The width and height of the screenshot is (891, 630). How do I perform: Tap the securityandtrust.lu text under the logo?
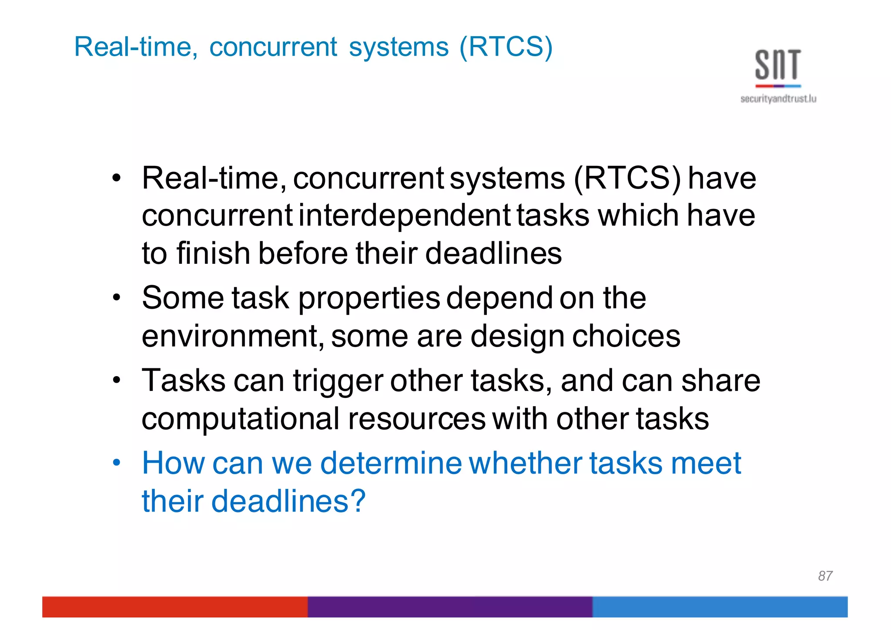click(778, 99)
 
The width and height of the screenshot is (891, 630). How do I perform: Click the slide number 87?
click(825, 576)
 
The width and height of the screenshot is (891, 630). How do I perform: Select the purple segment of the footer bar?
click(450, 606)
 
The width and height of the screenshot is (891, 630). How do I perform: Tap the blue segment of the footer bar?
click(720, 606)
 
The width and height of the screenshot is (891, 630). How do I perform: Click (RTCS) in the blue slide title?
click(506, 47)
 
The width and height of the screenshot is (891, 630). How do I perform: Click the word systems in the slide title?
click(399, 47)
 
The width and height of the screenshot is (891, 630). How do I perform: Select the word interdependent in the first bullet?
click(405, 216)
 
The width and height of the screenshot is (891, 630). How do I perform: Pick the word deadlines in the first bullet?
click(493, 253)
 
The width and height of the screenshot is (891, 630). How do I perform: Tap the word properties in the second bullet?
click(369, 299)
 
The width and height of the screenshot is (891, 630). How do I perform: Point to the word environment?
click(232, 337)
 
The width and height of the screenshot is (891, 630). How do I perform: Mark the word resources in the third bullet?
click(416, 419)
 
